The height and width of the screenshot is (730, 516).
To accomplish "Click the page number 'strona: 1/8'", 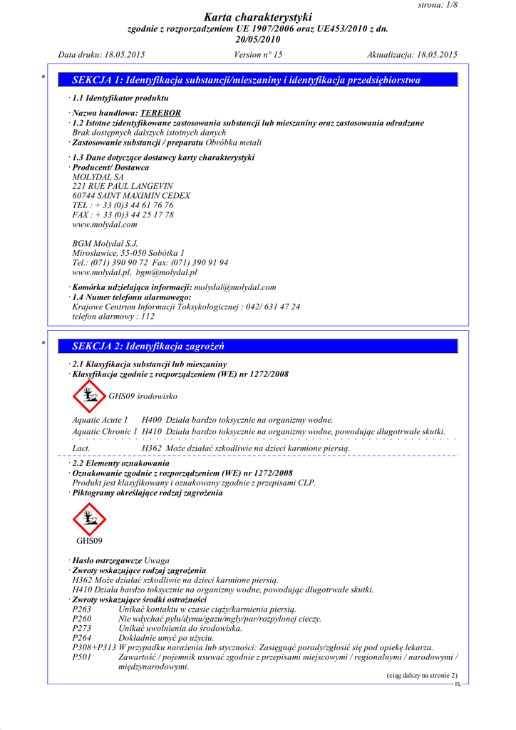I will point(437,5).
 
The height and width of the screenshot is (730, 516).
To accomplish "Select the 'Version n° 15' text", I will point(258,55).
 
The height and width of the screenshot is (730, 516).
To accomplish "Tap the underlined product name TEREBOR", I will point(160,113).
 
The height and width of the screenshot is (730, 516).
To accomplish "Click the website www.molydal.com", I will point(105,225).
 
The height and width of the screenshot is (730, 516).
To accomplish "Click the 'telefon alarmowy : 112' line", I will point(113,316).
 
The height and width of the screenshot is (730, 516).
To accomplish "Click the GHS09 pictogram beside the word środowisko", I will point(88,396).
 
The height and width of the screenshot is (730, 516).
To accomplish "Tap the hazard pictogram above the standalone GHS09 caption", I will point(88,520).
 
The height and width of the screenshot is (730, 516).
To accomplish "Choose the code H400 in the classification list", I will point(152,421).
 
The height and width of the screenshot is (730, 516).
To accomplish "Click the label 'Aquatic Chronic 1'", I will point(105,432).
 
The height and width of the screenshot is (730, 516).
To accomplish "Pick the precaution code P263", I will point(82,610).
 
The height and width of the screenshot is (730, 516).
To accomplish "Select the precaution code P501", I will point(82,657).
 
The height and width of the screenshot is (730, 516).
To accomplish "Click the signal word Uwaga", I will point(157,561).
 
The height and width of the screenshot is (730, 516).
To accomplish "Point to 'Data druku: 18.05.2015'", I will point(101,55).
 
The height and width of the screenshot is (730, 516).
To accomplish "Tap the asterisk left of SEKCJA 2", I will point(44,345).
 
